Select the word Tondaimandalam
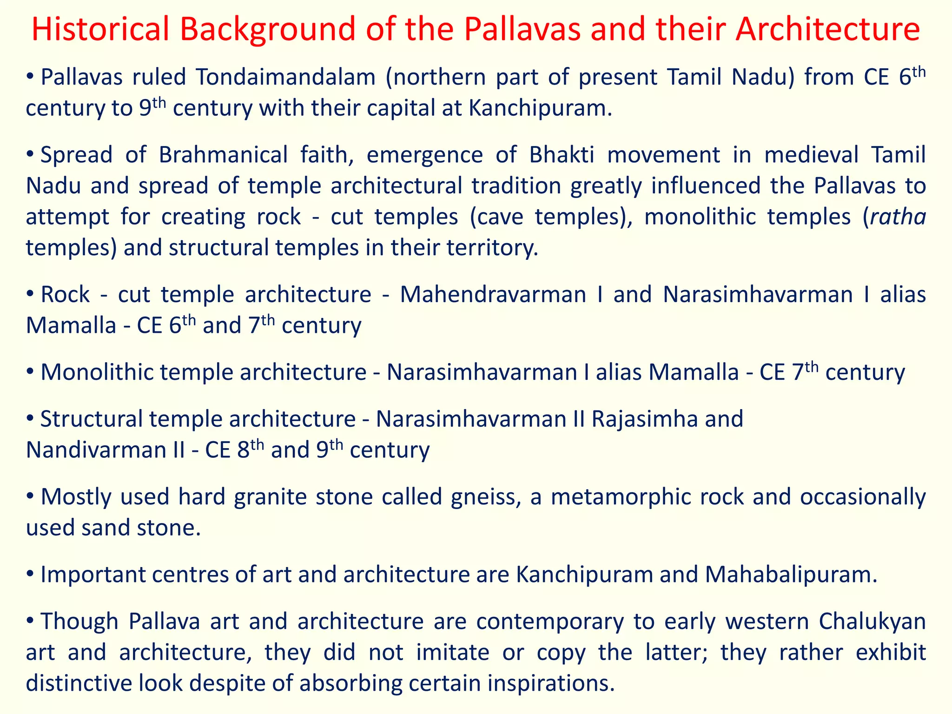point(285,77)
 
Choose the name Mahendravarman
point(493,295)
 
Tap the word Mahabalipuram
point(790,575)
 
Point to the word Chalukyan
point(872,621)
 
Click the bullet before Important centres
point(30,575)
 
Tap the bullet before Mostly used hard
point(30,496)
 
